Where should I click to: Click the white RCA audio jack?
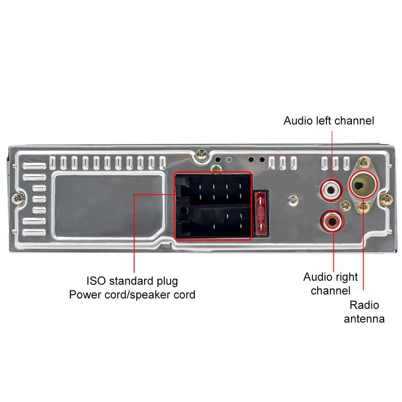331,188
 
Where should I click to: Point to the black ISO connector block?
213,206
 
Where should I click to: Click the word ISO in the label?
96,280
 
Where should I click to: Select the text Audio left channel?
329,120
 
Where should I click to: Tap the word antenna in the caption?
364,319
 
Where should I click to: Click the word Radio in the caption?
364,305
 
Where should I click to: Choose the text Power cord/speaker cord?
132,295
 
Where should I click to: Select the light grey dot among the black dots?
229,160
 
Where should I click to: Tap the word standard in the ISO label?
133,280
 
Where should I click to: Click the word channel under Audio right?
331,291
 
